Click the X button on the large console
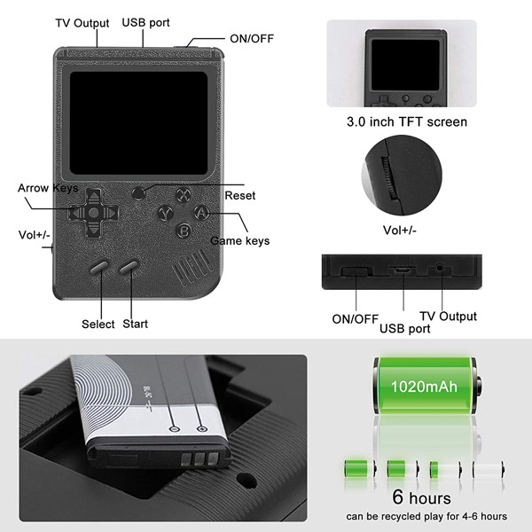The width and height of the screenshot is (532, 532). tap(184, 195)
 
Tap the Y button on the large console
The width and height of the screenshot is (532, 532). tap(166, 214)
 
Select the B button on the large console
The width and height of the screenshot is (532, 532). tap(184, 231)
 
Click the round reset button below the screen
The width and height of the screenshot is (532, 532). tap(138, 193)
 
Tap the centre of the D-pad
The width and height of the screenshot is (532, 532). tap(94, 213)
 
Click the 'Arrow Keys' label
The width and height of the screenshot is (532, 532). tap(48, 188)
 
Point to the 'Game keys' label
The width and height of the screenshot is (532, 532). tap(240, 240)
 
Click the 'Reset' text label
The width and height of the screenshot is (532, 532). tap(240, 195)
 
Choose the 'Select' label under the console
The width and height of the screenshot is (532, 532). tap(98, 324)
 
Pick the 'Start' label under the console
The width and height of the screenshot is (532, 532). tap(135, 324)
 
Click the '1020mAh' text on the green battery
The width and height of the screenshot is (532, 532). tap(424, 387)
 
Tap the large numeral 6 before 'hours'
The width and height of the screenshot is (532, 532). tap(398, 497)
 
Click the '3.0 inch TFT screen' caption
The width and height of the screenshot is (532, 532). tap(407, 121)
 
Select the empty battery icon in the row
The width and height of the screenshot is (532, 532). tap(489, 469)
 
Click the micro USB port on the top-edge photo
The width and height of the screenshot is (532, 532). tap(403, 270)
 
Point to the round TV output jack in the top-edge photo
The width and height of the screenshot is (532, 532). tap(441, 268)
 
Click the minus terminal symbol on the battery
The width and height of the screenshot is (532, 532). tap(174, 429)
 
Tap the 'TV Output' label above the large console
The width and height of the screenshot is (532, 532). tap(82, 23)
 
